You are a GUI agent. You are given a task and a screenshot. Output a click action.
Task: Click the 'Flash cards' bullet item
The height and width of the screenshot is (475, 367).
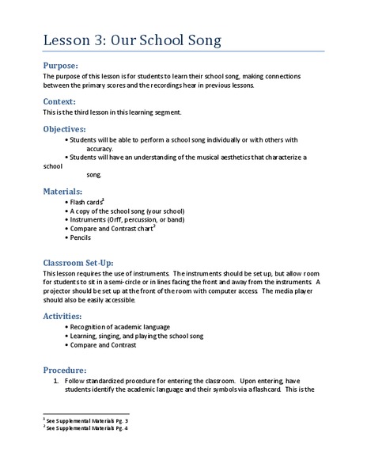pyautogui.click(x=87, y=203)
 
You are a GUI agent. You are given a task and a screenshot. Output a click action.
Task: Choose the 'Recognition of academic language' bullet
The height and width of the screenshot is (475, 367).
pyautogui.click(x=119, y=326)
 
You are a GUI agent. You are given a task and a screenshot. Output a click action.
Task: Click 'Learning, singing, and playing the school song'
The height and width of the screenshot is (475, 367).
pyautogui.click(x=136, y=337)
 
